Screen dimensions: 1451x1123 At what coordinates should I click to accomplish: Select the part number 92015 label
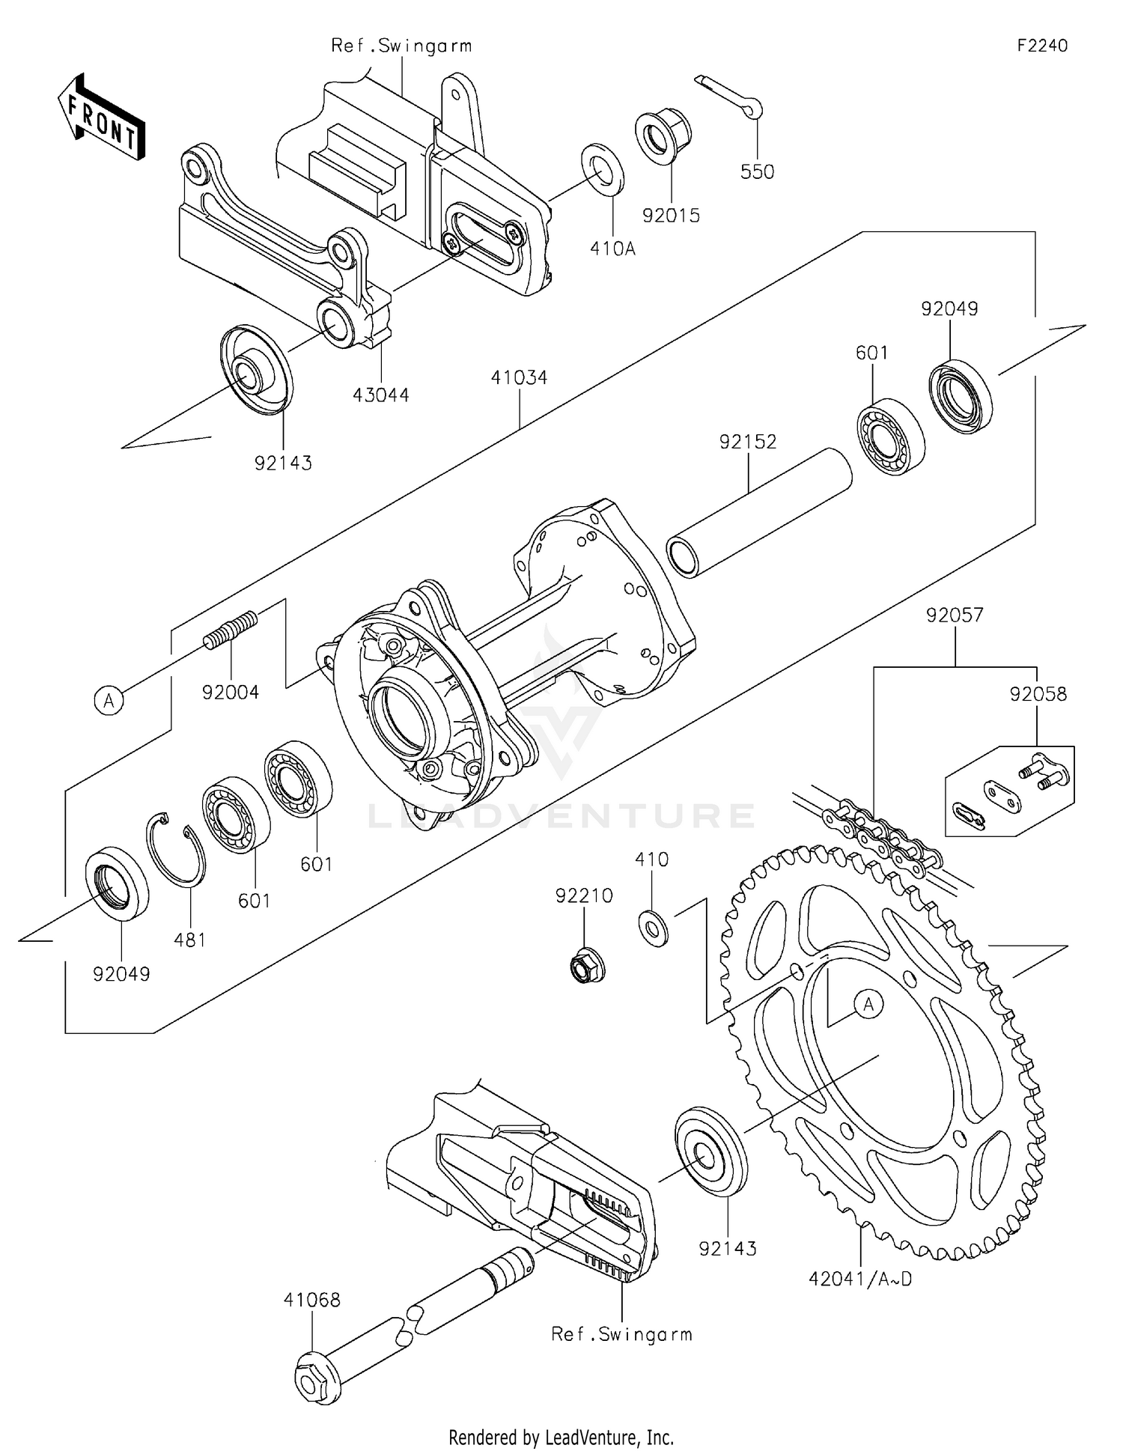pyautogui.click(x=671, y=216)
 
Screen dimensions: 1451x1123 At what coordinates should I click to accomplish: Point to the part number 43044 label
pyautogui.click(x=381, y=395)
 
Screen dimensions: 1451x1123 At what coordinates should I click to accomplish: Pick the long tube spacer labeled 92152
pyautogui.click(x=759, y=512)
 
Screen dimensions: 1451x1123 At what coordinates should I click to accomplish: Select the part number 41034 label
pyautogui.click(x=519, y=377)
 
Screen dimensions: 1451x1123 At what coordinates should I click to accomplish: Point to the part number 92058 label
pyautogui.click(x=1038, y=694)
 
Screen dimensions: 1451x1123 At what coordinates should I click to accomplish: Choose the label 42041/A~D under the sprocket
pyautogui.click(x=860, y=1279)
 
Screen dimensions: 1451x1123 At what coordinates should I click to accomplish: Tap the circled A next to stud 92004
pyautogui.click(x=109, y=701)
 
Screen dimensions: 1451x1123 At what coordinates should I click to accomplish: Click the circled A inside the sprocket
pyautogui.click(x=868, y=1003)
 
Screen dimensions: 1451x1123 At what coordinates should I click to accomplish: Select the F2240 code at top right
pyautogui.click(x=1042, y=46)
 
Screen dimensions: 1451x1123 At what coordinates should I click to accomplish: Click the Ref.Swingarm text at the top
pyautogui.click(x=401, y=46)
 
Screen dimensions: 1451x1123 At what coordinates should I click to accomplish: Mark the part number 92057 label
pyautogui.click(x=955, y=615)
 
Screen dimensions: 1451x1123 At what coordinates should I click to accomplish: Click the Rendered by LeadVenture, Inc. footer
pyautogui.click(x=561, y=1437)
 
